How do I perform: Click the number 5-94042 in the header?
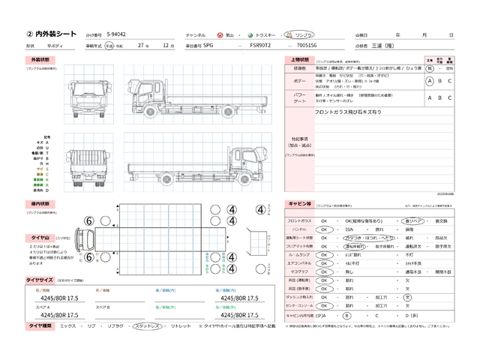[x=116, y=34]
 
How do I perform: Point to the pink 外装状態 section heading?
[x=40, y=59]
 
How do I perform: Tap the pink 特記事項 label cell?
[x=298, y=141]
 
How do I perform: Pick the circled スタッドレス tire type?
[x=148, y=328]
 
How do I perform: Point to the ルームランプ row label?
[x=298, y=256]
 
